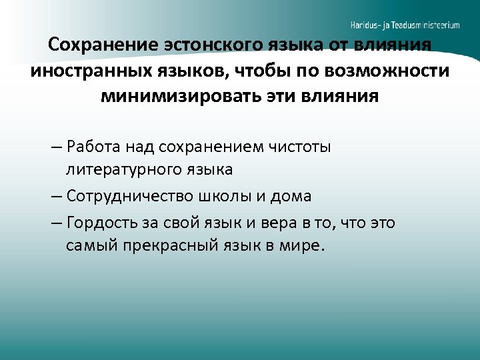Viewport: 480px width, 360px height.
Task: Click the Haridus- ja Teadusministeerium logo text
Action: (x=405, y=25)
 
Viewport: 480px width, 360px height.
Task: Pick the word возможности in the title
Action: (x=386, y=71)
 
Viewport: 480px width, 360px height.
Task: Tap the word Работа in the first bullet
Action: (x=91, y=147)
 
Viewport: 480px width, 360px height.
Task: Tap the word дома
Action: (x=291, y=197)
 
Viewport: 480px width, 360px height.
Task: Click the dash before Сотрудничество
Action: (x=55, y=197)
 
